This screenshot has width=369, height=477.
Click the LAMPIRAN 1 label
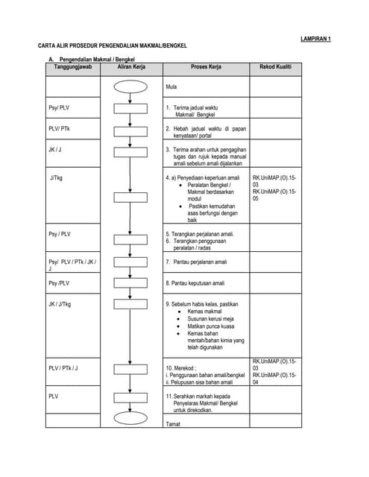coord(315,38)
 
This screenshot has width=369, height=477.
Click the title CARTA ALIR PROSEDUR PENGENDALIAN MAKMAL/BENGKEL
coord(112,46)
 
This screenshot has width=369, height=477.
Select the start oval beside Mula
coord(131,86)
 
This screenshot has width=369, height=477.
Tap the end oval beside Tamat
coord(131,418)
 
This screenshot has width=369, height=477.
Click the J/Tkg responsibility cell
coord(56,179)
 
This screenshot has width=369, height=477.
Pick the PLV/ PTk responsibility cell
coord(59,129)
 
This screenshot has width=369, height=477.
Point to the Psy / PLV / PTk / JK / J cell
coord(72,265)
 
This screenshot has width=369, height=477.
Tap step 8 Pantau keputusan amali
coord(198,283)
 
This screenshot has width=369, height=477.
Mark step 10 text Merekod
coord(180,367)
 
